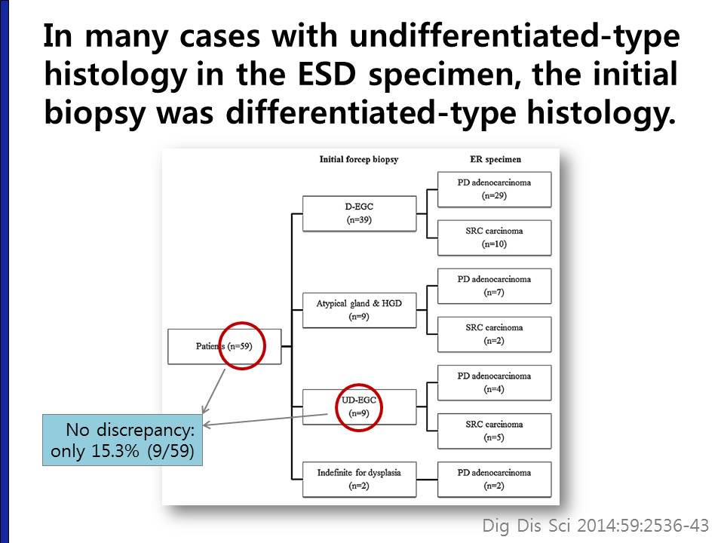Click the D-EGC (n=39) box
359,213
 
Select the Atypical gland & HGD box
359,310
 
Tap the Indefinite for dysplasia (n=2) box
359,480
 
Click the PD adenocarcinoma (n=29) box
494,189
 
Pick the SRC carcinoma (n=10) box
494,238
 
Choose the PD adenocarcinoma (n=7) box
494,286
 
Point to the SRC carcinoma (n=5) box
494,431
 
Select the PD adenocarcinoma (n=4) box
494,383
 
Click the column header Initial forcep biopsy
359,160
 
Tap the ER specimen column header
495,160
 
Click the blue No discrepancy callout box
122,440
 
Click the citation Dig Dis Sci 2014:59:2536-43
596,526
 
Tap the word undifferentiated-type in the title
514,37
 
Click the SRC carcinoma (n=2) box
494,334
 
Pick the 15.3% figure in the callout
115,451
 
